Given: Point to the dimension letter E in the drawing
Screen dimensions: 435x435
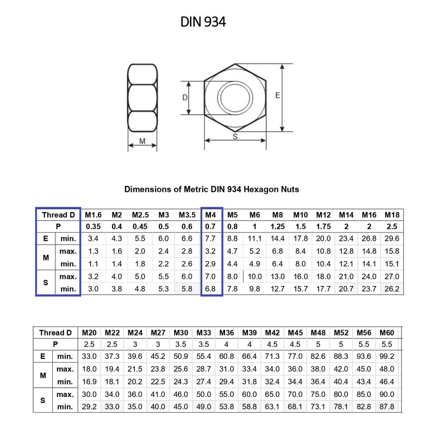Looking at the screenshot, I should (277, 95).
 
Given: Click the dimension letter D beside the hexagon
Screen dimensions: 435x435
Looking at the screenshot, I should (185, 98).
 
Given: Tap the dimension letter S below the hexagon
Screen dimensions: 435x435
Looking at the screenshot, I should (235, 137).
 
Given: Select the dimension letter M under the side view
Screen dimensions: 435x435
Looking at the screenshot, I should (142, 141).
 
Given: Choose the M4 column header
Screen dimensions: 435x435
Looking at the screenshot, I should (212, 215).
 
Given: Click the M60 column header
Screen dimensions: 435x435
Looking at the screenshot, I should (387, 332).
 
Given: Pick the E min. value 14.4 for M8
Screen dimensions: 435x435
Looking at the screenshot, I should (278, 238).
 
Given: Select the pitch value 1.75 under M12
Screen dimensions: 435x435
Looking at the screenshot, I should (324, 226).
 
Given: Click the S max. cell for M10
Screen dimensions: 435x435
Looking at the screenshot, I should (301, 276).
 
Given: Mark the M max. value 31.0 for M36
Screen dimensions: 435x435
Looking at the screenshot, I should (227, 368).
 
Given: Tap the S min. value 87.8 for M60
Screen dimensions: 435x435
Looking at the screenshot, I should (387, 406).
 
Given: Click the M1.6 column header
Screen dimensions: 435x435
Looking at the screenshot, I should (94, 215).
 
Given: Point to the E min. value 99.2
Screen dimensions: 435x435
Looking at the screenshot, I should (387, 356).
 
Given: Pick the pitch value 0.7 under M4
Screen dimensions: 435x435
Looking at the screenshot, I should (212, 226).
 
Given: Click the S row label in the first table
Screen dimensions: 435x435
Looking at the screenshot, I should (45, 283).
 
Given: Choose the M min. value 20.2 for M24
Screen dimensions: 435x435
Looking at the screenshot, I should (135, 381).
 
